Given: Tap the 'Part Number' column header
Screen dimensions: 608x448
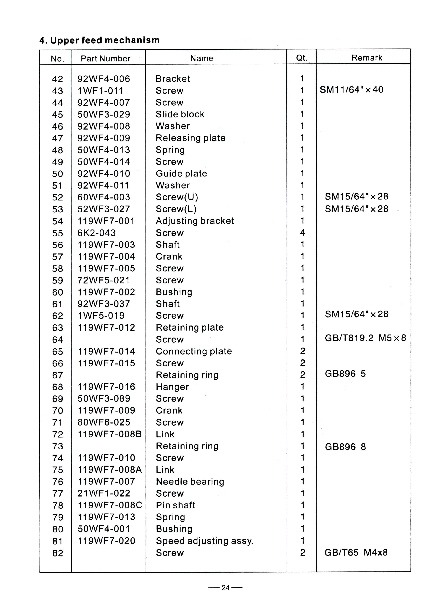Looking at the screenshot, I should [105, 59].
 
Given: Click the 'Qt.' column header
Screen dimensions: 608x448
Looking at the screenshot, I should [301, 58].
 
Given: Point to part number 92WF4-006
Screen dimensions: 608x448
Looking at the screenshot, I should [104, 79].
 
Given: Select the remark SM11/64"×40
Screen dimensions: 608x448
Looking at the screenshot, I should [352, 90].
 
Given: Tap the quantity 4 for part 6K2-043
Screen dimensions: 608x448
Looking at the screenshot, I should [302, 232].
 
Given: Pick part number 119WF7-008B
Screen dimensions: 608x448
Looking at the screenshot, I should [109, 434].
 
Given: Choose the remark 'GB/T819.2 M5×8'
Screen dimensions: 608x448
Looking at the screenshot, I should [365, 338].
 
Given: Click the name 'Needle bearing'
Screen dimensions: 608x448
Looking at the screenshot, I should [190, 482].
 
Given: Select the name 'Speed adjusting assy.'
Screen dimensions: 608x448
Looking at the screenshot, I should [205, 541].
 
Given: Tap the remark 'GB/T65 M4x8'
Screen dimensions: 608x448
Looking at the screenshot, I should [356, 552].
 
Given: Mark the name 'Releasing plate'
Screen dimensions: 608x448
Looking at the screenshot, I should [190, 138].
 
